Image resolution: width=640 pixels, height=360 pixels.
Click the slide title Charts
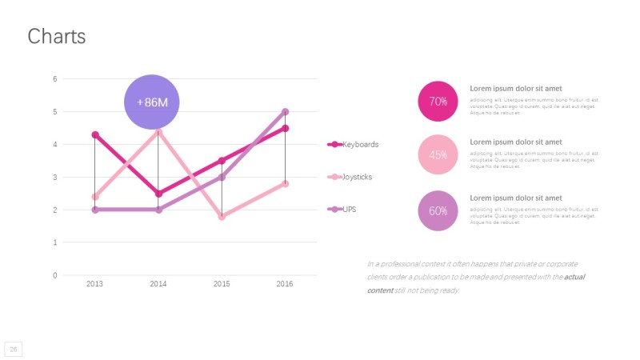(56, 36)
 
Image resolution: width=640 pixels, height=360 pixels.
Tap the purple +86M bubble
(151, 102)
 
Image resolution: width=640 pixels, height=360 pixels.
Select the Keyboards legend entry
(353, 145)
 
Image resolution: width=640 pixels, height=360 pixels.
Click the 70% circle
(438, 102)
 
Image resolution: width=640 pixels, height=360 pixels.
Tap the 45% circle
(438, 155)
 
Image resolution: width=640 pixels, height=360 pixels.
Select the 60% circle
(438, 211)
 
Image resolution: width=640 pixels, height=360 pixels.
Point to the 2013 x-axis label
(94, 284)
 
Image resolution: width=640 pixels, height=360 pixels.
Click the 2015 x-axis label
(222, 284)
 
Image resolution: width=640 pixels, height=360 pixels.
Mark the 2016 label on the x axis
(285, 284)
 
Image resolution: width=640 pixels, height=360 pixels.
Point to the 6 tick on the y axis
(55, 78)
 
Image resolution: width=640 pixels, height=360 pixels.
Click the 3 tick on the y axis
(55, 177)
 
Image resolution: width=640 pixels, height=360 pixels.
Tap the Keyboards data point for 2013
(94, 134)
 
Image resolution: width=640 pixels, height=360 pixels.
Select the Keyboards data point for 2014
(158, 194)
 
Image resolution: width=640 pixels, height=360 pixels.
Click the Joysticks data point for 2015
(222, 216)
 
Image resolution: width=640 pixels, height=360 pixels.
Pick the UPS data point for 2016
(285, 112)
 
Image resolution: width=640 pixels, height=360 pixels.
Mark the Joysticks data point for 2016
(285, 183)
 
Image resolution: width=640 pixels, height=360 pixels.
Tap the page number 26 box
(14, 349)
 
